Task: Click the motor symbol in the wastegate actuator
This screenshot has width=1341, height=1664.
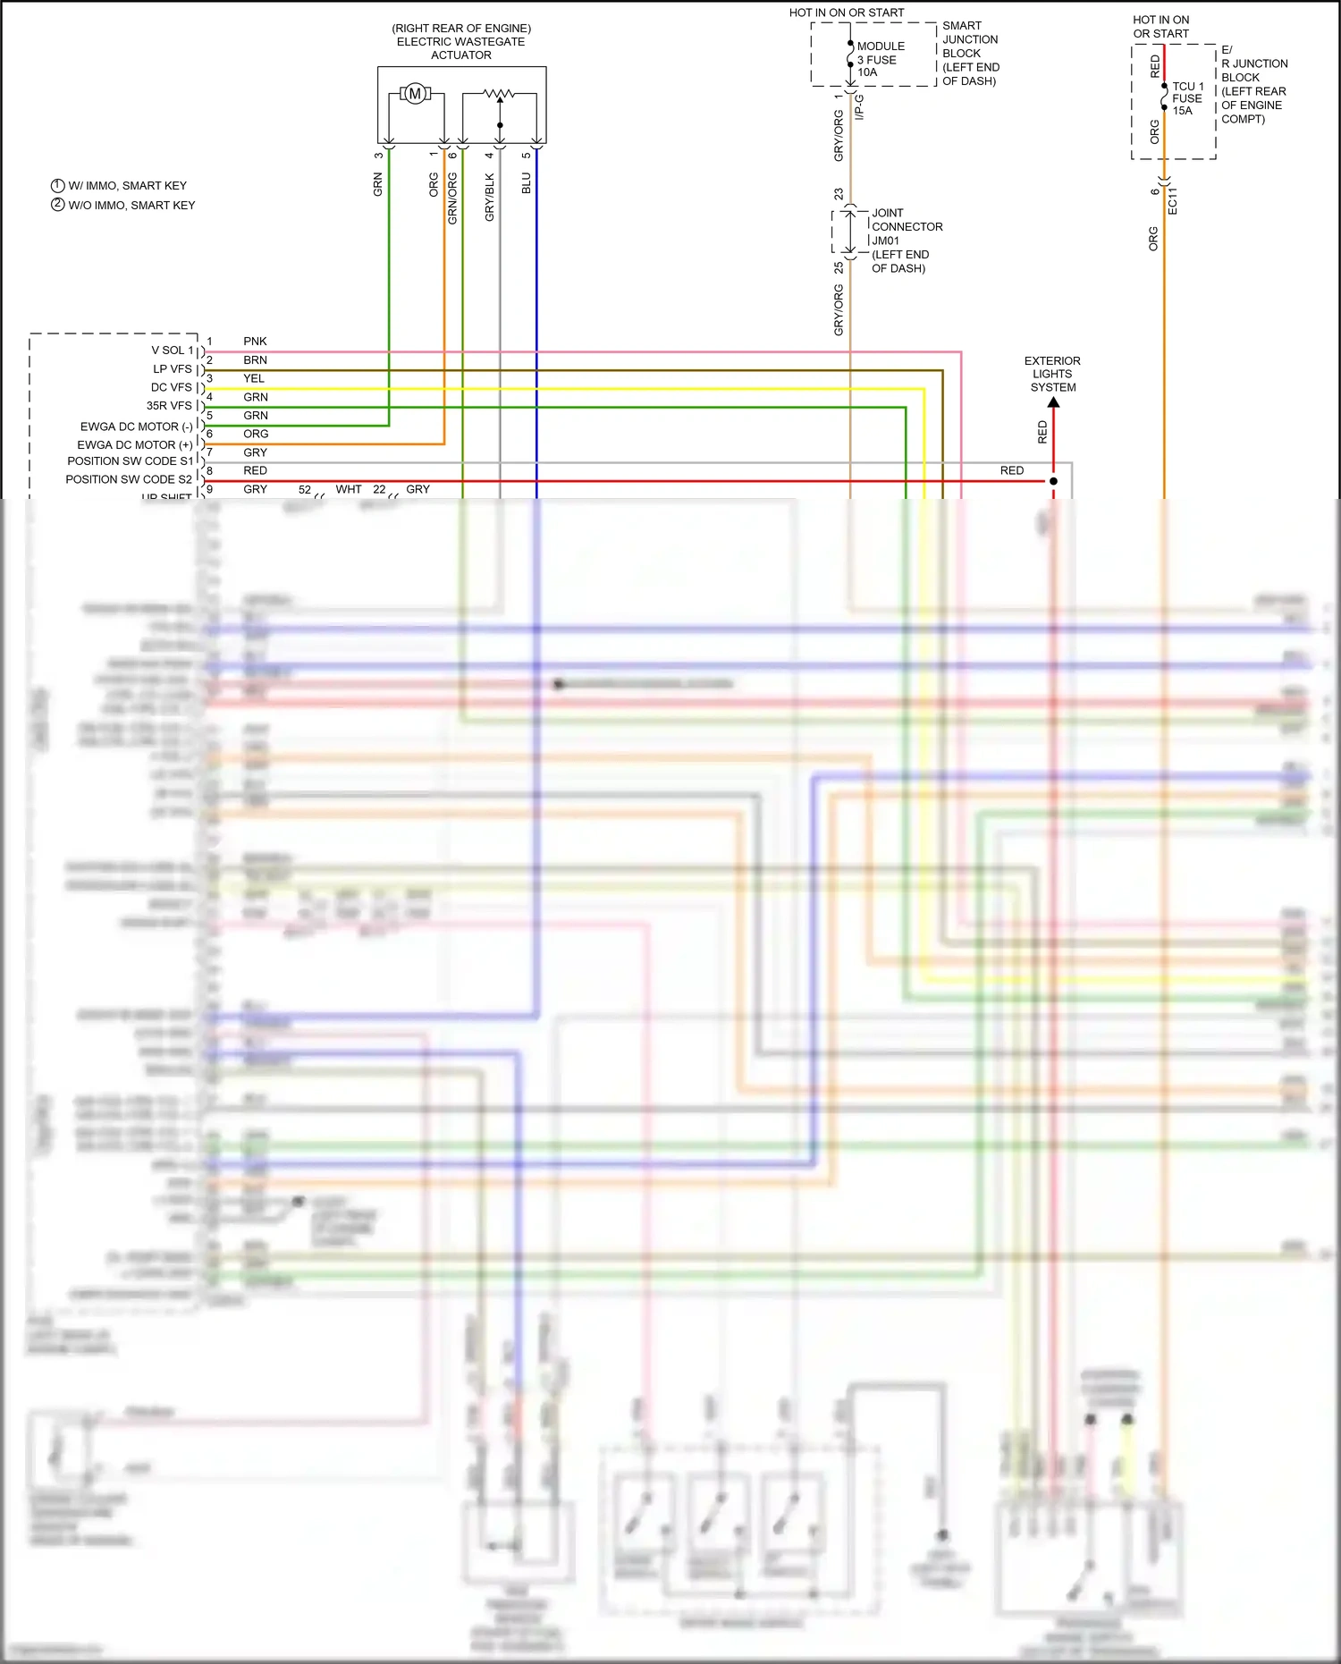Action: coord(415,93)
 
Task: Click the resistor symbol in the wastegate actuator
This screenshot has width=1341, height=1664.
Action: coord(499,93)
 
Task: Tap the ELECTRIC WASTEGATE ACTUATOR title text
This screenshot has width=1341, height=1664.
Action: coord(461,42)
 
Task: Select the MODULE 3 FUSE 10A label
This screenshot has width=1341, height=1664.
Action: coord(880,59)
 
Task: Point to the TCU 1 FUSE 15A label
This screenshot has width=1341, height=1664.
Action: coord(1187,98)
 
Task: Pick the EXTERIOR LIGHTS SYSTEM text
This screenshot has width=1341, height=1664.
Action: coord(1052,374)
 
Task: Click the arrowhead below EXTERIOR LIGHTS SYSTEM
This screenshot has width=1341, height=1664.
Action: coord(1053,403)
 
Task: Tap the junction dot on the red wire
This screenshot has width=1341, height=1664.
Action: coord(1053,481)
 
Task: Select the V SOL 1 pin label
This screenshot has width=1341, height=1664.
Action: coord(173,351)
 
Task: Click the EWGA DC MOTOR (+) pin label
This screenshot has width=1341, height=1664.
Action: coord(135,444)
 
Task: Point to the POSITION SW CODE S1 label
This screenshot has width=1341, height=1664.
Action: coord(130,461)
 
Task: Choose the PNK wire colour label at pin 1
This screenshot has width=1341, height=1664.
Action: coord(255,342)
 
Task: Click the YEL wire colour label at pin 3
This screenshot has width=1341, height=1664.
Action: coord(254,378)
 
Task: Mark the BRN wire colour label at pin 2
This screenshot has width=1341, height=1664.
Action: coord(255,360)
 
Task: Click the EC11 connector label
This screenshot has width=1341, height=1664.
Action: coord(1173,201)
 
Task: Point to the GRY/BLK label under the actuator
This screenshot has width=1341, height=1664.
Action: coord(489,198)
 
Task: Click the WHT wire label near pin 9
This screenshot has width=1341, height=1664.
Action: coord(349,489)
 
